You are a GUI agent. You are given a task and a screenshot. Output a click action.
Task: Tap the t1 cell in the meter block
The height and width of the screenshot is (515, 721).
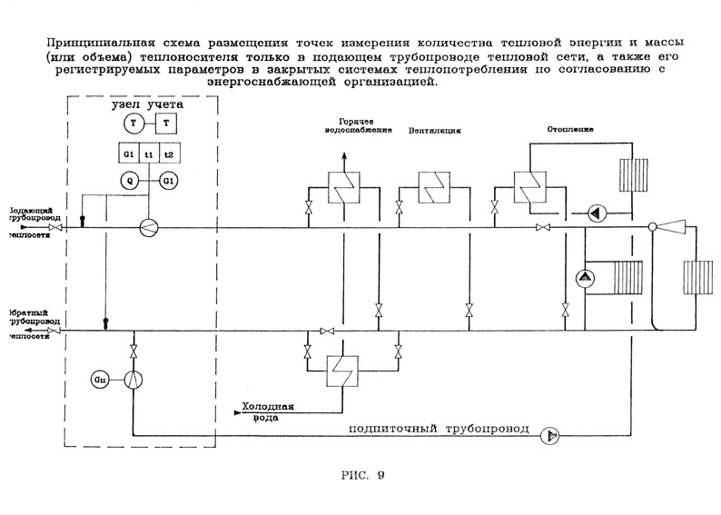pos(149,155)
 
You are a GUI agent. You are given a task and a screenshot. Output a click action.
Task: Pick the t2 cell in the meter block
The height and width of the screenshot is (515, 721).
pos(168,155)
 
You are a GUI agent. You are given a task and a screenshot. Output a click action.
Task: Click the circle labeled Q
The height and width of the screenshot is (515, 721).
pos(131,181)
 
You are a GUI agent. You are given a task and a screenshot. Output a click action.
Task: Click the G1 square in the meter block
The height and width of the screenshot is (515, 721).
pos(129,155)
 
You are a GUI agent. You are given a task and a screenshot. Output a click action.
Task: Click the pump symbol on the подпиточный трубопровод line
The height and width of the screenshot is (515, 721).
pos(549,436)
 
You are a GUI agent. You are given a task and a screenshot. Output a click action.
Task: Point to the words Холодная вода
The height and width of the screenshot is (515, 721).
pos(268,412)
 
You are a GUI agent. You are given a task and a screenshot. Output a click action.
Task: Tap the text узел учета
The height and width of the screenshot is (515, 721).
pos(147,104)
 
